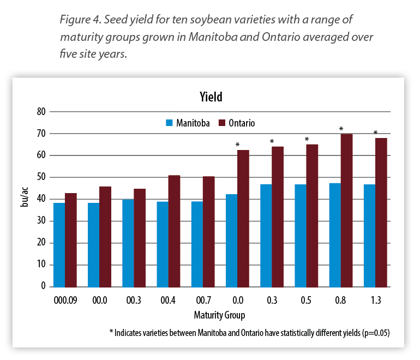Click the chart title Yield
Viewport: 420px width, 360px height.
coord(211,97)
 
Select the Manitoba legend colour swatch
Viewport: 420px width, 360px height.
coord(169,123)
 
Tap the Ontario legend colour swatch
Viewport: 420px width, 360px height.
coord(222,123)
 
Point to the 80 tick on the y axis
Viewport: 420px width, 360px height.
coord(40,112)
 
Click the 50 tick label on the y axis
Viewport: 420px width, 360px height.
coord(40,177)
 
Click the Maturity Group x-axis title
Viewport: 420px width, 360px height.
coord(219,315)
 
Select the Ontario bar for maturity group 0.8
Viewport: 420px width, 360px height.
coord(346,211)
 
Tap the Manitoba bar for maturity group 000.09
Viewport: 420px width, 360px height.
coord(59,245)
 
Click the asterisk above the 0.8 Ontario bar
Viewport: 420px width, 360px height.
coord(341,129)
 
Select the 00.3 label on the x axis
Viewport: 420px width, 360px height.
coord(134,300)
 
